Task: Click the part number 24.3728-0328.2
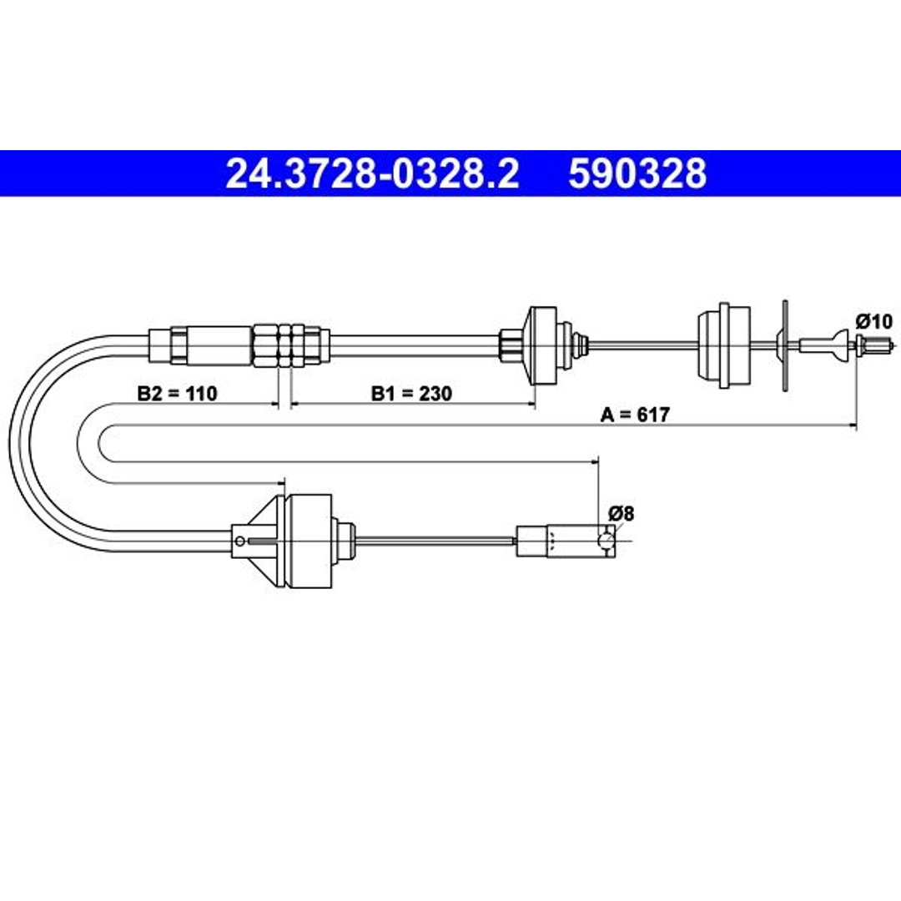click(372, 174)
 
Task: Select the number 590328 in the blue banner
click(637, 174)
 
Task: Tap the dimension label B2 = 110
click(177, 394)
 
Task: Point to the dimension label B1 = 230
click(411, 394)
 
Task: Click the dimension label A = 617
click(635, 415)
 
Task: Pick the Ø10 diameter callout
click(874, 321)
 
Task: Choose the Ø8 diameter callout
click(622, 513)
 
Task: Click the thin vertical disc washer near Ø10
click(785, 345)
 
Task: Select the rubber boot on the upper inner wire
click(723, 345)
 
